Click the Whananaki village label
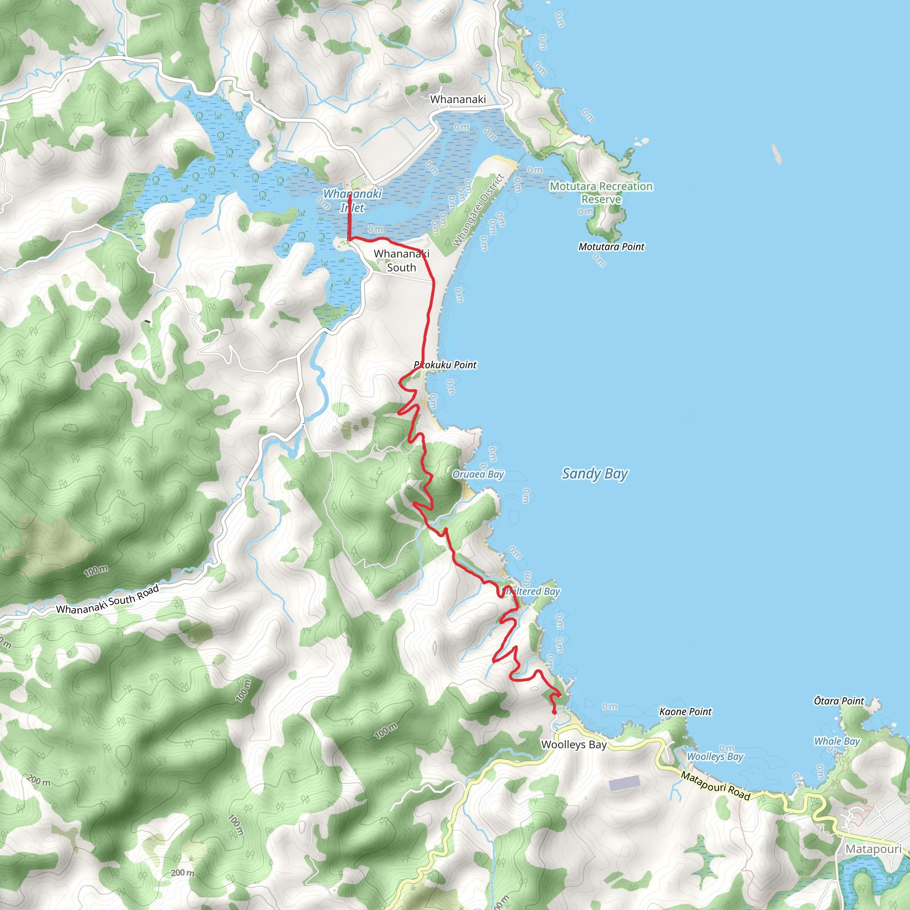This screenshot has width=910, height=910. tap(457, 100)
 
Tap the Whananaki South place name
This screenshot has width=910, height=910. tap(401, 260)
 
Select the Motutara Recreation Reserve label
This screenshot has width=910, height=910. tap(601, 193)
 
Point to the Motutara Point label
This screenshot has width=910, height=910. tap(611, 247)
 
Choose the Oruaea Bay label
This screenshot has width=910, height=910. tap(478, 474)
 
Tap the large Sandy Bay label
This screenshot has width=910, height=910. tap(595, 473)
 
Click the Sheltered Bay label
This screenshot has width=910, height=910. tap(531, 591)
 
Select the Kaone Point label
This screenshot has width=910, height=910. tap(685, 712)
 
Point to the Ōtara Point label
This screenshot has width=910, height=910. tap(838, 701)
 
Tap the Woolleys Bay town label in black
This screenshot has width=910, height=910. tap(573, 745)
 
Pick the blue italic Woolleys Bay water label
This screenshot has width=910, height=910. tap(714, 756)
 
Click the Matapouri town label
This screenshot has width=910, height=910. tap(873, 849)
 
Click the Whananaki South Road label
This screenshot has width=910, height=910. tap(108, 599)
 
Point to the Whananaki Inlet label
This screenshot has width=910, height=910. tap(352, 201)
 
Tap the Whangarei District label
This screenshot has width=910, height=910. tap(478, 210)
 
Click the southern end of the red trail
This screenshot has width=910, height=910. tap(554, 713)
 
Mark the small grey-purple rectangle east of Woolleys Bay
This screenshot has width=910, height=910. tap(624, 782)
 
